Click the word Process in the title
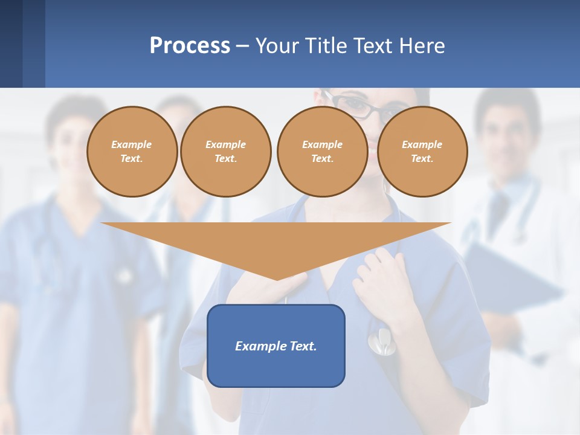coord(190,46)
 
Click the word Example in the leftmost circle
coord(132,144)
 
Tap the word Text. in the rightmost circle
coord(422,158)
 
